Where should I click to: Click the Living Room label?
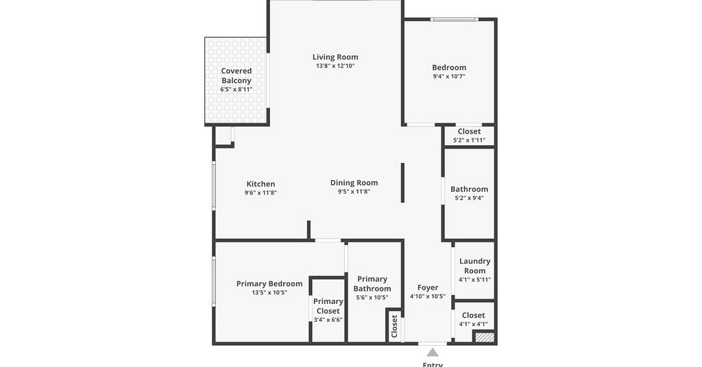tap(335, 57)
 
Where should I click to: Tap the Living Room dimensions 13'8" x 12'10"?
tap(335, 66)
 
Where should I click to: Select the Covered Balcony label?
tap(237, 75)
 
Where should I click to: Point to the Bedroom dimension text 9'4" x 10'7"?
tap(448, 76)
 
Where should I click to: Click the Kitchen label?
tap(261, 183)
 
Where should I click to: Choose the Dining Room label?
tap(354, 182)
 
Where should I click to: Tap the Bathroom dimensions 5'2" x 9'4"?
tap(469, 198)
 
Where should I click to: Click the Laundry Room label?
tap(474, 266)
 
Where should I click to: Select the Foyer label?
tap(428, 288)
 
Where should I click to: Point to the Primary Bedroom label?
tap(269, 283)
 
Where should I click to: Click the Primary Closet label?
tap(328, 306)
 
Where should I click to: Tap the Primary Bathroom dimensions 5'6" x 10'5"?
tap(372, 297)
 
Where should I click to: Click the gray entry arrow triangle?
tap(432, 352)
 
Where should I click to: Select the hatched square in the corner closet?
tap(485, 337)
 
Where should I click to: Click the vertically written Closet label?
tap(394, 326)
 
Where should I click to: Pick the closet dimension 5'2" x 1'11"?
tap(469, 140)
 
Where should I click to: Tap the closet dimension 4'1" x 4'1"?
tap(473, 324)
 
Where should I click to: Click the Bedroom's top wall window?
tap(455, 19)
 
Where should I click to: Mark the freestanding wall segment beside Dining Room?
tap(402, 182)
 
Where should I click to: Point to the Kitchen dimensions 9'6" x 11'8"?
tap(261, 192)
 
